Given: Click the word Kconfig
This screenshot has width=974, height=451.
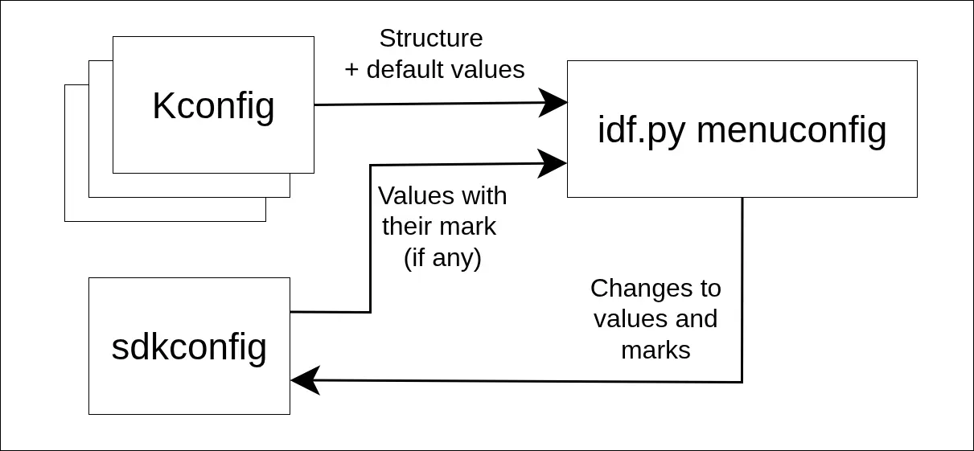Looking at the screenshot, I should coord(213,106).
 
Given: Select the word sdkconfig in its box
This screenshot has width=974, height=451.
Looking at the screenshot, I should coord(189,346).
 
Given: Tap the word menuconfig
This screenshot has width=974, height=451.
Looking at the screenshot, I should coord(791,129).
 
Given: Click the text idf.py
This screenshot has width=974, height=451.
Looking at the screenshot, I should coord(642,129).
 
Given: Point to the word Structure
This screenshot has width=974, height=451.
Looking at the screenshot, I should coord(431,39).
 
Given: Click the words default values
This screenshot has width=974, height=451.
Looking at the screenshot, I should coord(446,70).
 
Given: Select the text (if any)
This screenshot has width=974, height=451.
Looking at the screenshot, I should coord(442,258).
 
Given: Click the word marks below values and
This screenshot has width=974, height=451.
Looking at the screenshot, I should coord(655,350).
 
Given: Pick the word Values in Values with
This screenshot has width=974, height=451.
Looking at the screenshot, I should coord(413,196).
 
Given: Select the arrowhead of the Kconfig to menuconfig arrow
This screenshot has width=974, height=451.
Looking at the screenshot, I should coord(554,102).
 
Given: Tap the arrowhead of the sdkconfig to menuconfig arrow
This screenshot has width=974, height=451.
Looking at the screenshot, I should coord(553,163).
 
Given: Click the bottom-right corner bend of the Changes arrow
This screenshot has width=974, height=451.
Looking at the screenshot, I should coord(742,382).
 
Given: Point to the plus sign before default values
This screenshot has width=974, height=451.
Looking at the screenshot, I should coord(351,70).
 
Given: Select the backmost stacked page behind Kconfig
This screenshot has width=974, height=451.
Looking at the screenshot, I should coord(76,209).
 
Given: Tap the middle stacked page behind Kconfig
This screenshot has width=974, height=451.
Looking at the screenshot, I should coord(100,186).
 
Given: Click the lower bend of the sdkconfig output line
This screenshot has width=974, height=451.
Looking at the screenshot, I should coord(370,311).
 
